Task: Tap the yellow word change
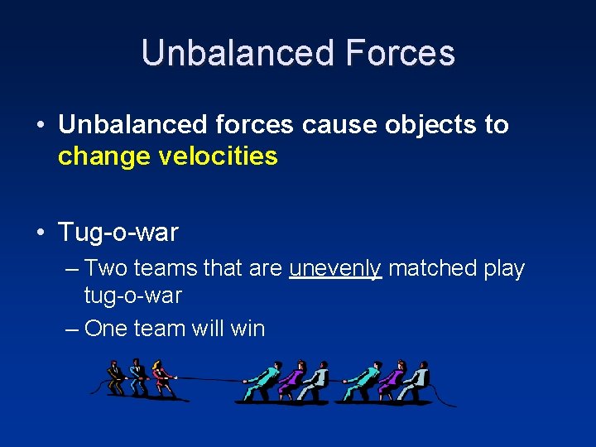[x=97, y=156]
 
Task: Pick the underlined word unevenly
[x=335, y=268]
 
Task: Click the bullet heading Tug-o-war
[x=118, y=233]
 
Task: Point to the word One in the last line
[x=106, y=329]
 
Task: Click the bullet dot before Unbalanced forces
[x=41, y=126]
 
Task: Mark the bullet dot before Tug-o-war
[x=41, y=233]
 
